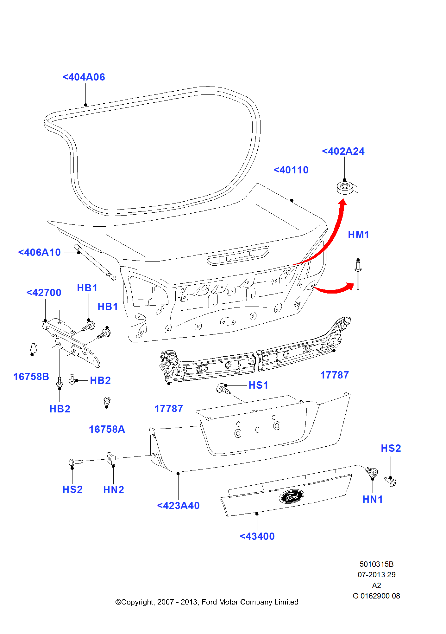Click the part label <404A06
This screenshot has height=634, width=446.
(x=84, y=77)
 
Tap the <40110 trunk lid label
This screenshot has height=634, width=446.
(x=291, y=170)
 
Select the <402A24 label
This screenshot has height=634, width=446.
(x=343, y=151)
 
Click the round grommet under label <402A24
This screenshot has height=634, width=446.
(x=345, y=187)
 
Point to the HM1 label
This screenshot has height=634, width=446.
(x=358, y=235)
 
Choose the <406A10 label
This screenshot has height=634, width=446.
(x=40, y=252)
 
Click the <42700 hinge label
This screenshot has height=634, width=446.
(x=44, y=293)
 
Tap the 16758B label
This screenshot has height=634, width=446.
(x=31, y=377)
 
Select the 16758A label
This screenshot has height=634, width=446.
(x=107, y=429)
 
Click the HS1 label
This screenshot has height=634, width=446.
(x=258, y=385)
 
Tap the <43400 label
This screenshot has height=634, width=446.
(x=257, y=536)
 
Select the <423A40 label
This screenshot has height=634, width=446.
(x=178, y=506)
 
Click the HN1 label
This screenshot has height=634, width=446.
(x=373, y=499)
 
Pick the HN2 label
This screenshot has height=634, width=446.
(x=113, y=490)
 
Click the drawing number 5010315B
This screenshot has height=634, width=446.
(x=376, y=564)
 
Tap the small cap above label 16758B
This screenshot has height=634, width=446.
(x=33, y=348)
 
